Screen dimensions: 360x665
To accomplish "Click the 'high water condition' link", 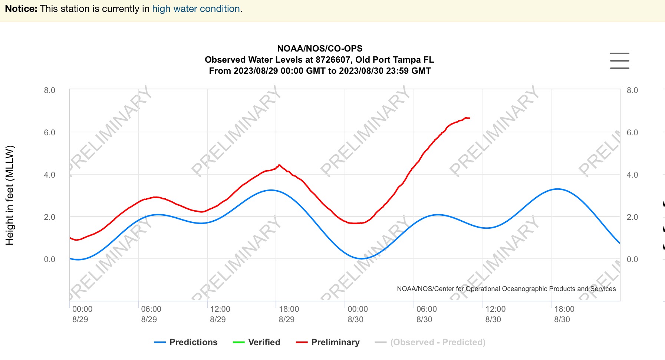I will [x=196, y=9].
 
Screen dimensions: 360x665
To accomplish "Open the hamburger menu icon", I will [x=619, y=61].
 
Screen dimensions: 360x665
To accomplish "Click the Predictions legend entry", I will [x=186, y=342].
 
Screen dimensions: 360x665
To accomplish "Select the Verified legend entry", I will [x=257, y=342].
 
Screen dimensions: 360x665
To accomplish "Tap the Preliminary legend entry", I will [x=328, y=342].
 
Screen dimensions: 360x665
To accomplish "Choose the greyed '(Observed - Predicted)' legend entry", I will [x=430, y=342].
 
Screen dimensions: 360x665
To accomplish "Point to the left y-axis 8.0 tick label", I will [x=49, y=90].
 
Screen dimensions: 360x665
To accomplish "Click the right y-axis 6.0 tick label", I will [x=632, y=133].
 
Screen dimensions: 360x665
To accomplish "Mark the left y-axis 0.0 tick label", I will [x=49, y=260].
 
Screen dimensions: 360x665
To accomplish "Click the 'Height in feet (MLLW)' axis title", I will [x=10, y=195].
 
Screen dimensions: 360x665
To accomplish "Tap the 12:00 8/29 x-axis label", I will [x=220, y=314].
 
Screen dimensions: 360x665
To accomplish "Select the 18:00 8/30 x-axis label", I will [x=564, y=314].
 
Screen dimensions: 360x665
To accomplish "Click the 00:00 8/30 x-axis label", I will [x=358, y=314].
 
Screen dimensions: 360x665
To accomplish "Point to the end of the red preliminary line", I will [x=469, y=118].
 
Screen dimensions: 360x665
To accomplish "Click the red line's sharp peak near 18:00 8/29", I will [x=279, y=165].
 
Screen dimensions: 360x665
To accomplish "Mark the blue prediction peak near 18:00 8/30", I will [x=557, y=189].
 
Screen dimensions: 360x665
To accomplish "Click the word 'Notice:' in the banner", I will [x=21, y=9].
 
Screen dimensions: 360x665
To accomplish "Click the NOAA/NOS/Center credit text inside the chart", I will [x=506, y=289].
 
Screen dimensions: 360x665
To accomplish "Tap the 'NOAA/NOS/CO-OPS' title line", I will [x=320, y=49].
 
